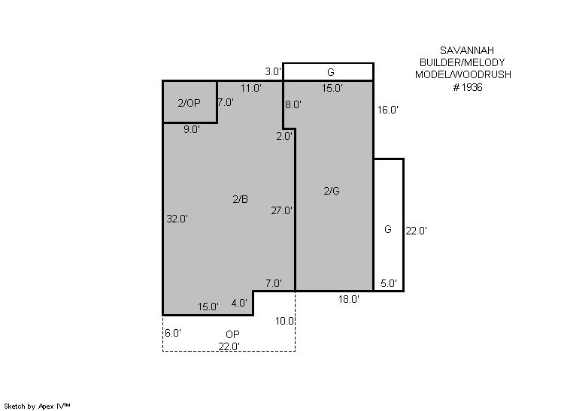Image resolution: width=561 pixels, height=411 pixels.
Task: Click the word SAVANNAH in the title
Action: pos(466,50)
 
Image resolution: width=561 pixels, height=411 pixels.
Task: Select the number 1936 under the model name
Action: pos(472,88)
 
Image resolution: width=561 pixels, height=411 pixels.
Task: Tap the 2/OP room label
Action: pos(189,103)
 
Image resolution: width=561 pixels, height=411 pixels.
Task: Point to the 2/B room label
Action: pos(240,199)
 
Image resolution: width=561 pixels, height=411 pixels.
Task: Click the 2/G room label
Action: pos(332,191)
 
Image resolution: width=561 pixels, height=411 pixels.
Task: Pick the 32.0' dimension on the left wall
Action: pos(177,219)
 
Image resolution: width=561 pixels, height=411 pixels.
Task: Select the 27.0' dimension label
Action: pos(281,210)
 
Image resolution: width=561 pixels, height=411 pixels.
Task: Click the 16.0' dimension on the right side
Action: pos(388,110)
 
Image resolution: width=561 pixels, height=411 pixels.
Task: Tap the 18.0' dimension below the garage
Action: pos(349,299)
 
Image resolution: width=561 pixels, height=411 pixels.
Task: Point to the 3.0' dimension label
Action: pos(273,71)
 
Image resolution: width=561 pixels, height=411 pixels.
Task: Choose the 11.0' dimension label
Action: pos(251,88)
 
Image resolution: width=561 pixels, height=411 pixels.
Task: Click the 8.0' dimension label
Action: pos(293,104)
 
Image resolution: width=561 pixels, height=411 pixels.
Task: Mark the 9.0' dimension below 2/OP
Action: pos(192,129)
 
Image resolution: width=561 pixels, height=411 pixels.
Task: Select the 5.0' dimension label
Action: pos(389,283)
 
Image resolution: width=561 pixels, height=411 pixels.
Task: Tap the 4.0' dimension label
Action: pos(239,303)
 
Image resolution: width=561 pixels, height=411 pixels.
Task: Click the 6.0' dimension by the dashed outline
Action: pos(173,333)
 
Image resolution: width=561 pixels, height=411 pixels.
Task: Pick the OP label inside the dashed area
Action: pos(232,334)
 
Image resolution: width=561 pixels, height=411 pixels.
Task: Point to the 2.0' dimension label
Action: pos(284,136)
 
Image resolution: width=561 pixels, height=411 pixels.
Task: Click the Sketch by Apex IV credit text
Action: pos(37,406)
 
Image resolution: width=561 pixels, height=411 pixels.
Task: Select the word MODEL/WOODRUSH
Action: pos(463,74)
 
